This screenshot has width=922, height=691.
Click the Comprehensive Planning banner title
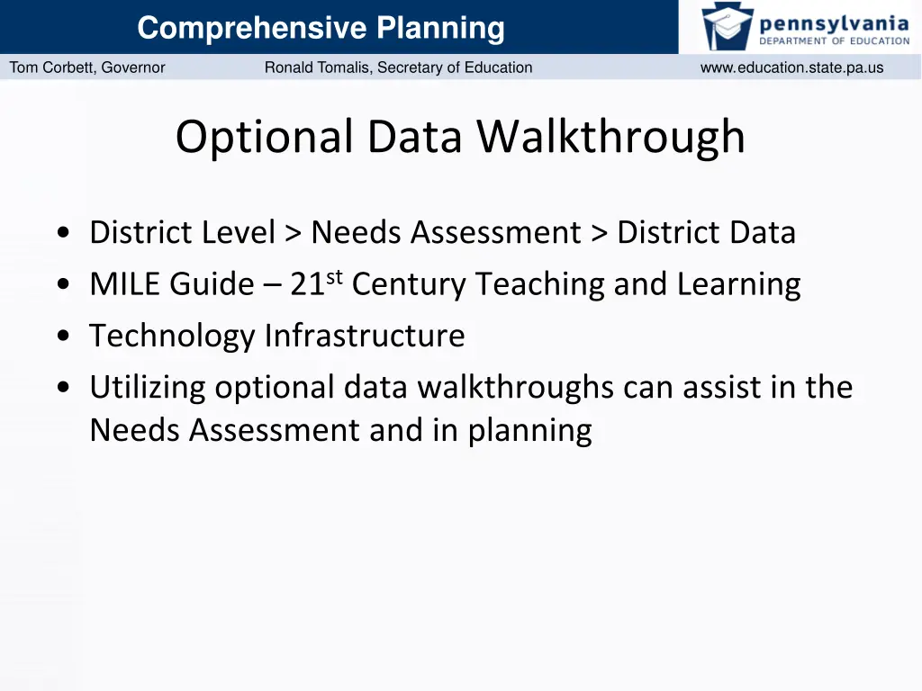pos(321,29)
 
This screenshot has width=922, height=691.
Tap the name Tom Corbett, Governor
pos(87,67)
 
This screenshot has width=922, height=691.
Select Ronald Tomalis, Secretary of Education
pos(398,67)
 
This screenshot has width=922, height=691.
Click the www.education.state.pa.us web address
pos(791,67)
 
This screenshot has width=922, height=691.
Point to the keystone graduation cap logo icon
pos(728,26)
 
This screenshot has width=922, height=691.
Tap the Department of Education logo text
pos(834,40)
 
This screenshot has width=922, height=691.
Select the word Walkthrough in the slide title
pos(610,138)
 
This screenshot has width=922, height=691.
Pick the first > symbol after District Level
pos(293,234)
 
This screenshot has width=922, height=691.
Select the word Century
pos(405,285)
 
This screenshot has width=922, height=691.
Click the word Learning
pos(738,285)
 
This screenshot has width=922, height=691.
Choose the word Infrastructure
pos(364,337)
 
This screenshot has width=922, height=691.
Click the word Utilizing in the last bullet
pos(148,388)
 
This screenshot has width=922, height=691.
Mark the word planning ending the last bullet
pos(529,431)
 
